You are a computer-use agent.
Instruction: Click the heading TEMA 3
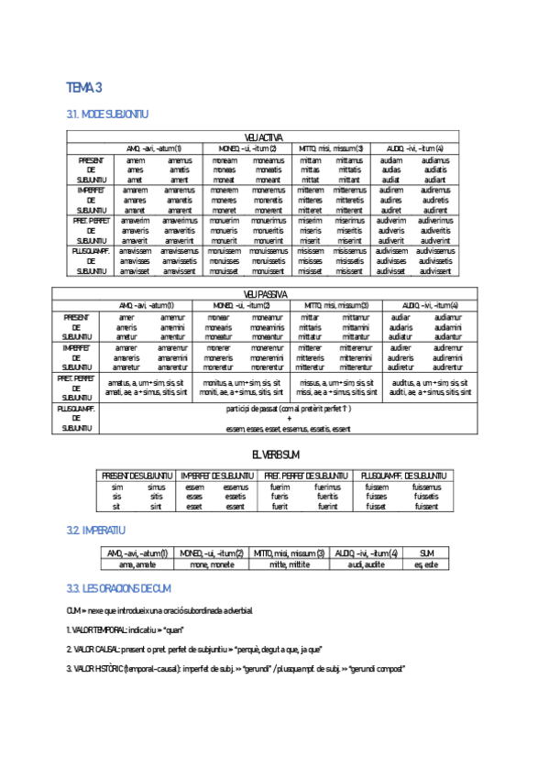pos(84,87)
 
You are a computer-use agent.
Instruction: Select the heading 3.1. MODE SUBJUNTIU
pos(107,115)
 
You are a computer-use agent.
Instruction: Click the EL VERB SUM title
pos(276,454)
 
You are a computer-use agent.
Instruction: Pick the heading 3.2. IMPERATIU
pos(95,531)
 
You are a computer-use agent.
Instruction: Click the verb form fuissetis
pos(426,497)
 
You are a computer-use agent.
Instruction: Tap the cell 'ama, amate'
pos(137,564)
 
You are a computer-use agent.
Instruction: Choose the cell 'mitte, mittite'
pos(290,564)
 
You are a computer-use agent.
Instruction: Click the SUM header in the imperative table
pos(426,553)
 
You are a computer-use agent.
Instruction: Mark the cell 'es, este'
pos(426,564)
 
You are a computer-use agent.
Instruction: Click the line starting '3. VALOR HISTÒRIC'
pos(236,669)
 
